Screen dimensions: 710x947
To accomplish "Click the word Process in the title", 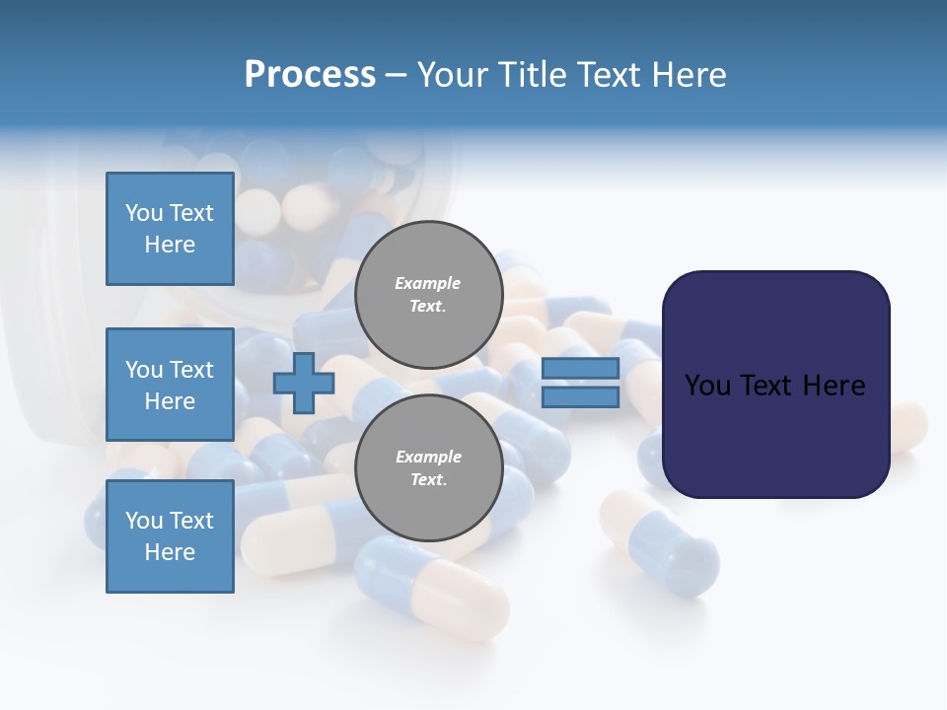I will pyautogui.click(x=310, y=75).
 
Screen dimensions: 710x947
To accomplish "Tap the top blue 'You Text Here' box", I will pyautogui.click(x=170, y=229).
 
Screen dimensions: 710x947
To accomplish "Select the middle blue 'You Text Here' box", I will pyautogui.click(x=170, y=385).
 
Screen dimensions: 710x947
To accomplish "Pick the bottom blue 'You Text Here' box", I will pyautogui.click(x=170, y=536).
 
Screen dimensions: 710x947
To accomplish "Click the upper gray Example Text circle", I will pyautogui.click(x=428, y=295).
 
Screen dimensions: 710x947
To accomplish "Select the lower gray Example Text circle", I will pyautogui.click(x=428, y=468).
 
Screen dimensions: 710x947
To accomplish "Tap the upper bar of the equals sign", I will pyautogui.click(x=580, y=369).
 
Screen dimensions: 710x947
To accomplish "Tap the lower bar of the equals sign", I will pyautogui.click(x=580, y=396).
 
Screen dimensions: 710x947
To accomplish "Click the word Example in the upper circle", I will pyautogui.click(x=427, y=284).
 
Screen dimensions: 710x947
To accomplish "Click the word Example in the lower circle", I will pyautogui.click(x=427, y=458).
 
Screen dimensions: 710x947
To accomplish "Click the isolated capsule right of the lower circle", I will pyautogui.click(x=658, y=542).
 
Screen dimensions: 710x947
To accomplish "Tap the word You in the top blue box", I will pyautogui.click(x=143, y=214).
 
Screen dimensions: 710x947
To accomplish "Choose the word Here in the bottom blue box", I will pyautogui.click(x=170, y=552).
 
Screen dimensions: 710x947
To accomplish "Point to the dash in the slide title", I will pyautogui.click(x=396, y=75).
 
